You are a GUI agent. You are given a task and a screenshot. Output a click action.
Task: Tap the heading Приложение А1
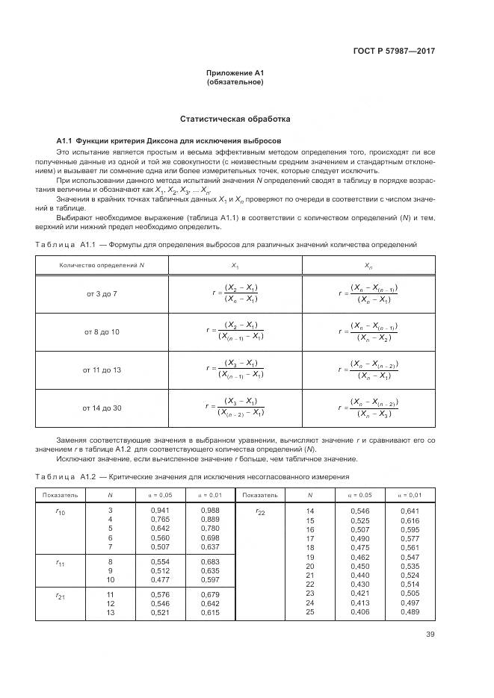[235, 72]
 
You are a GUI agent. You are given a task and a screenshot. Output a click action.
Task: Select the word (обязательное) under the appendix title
[235, 81]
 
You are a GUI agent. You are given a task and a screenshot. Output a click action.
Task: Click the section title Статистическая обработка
[235, 119]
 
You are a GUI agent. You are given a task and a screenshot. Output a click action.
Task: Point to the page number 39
[430, 635]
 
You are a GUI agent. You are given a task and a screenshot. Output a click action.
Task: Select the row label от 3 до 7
[102, 293]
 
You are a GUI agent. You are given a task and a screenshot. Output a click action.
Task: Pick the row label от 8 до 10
[102, 331]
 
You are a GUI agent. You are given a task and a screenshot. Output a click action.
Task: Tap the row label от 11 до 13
[102, 370]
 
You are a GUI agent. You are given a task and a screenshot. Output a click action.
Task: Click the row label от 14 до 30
[102, 408]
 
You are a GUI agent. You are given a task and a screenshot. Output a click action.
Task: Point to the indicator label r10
[61, 512]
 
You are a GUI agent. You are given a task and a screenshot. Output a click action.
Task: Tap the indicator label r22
[260, 512]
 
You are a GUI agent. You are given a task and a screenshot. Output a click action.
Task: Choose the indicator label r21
[61, 595]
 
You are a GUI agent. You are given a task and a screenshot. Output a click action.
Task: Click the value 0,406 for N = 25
[360, 611]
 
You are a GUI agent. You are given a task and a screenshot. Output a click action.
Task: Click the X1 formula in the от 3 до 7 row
[235, 293]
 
